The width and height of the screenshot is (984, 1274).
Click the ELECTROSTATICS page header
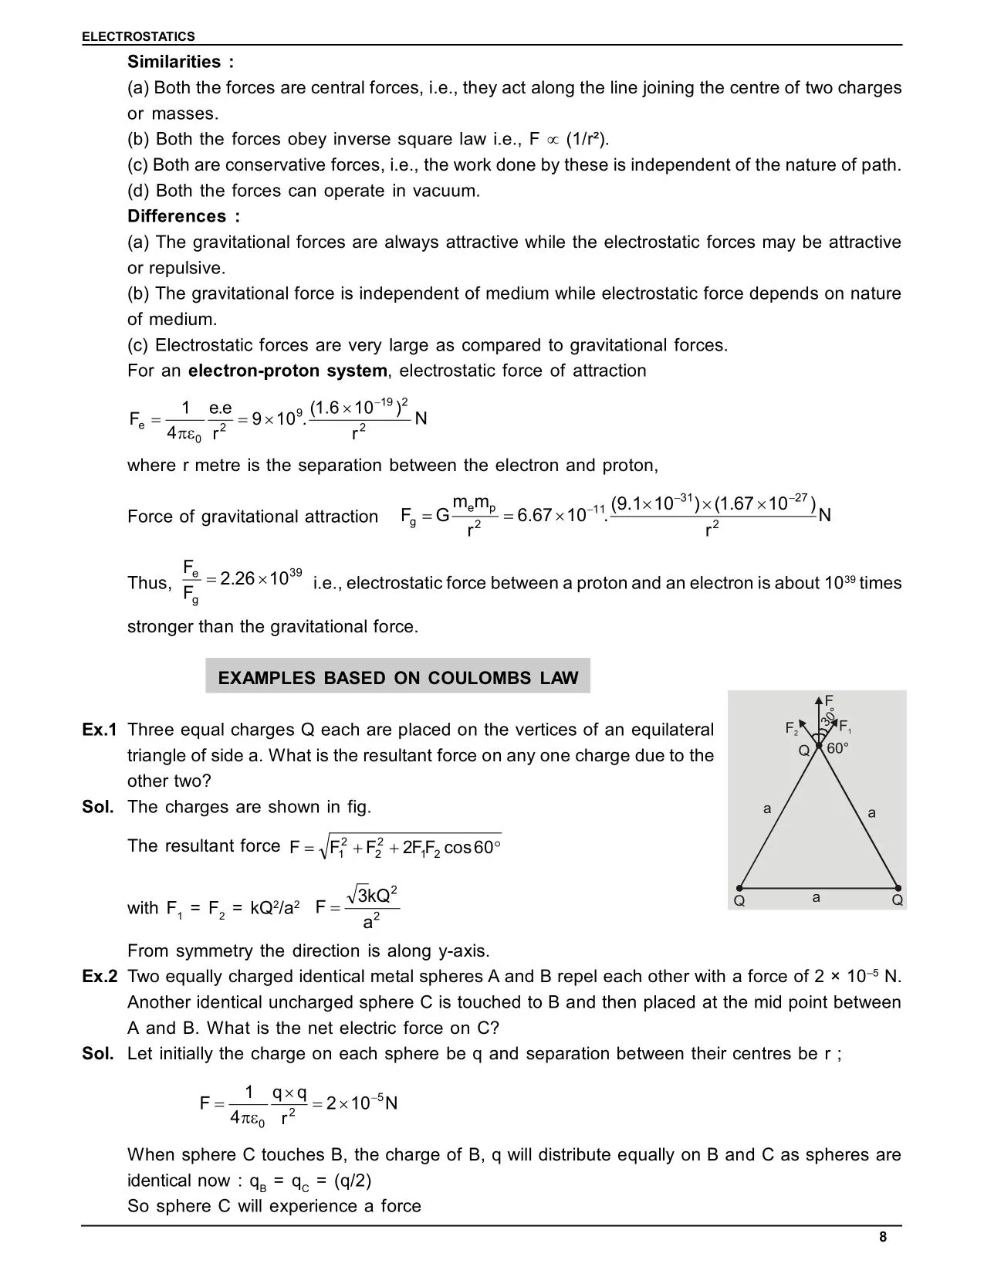(x=138, y=36)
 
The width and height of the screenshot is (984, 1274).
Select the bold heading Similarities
(x=174, y=62)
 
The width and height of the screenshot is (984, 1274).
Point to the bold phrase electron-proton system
(x=287, y=371)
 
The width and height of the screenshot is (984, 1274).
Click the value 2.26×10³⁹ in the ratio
(x=259, y=579)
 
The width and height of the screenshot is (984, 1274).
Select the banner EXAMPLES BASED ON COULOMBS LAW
(x=397, y=678)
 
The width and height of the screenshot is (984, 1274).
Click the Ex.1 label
(x=100, y=730)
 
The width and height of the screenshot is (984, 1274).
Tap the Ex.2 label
(x=100, y=977)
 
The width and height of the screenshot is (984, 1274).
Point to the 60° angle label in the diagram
(x=837, y=748)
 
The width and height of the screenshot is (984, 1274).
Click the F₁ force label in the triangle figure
(x=845, y=727)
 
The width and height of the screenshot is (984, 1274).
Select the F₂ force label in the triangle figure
(x=791, y=728)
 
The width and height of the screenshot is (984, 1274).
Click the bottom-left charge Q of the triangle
(x=739, y=901)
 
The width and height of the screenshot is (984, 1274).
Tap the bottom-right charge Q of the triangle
(x=897, y=900)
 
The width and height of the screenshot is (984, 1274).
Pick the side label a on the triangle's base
(x=816, y=898)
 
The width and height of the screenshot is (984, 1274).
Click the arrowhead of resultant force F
(x=819, y=700)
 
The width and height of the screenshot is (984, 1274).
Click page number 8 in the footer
(x=883, y=1238)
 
